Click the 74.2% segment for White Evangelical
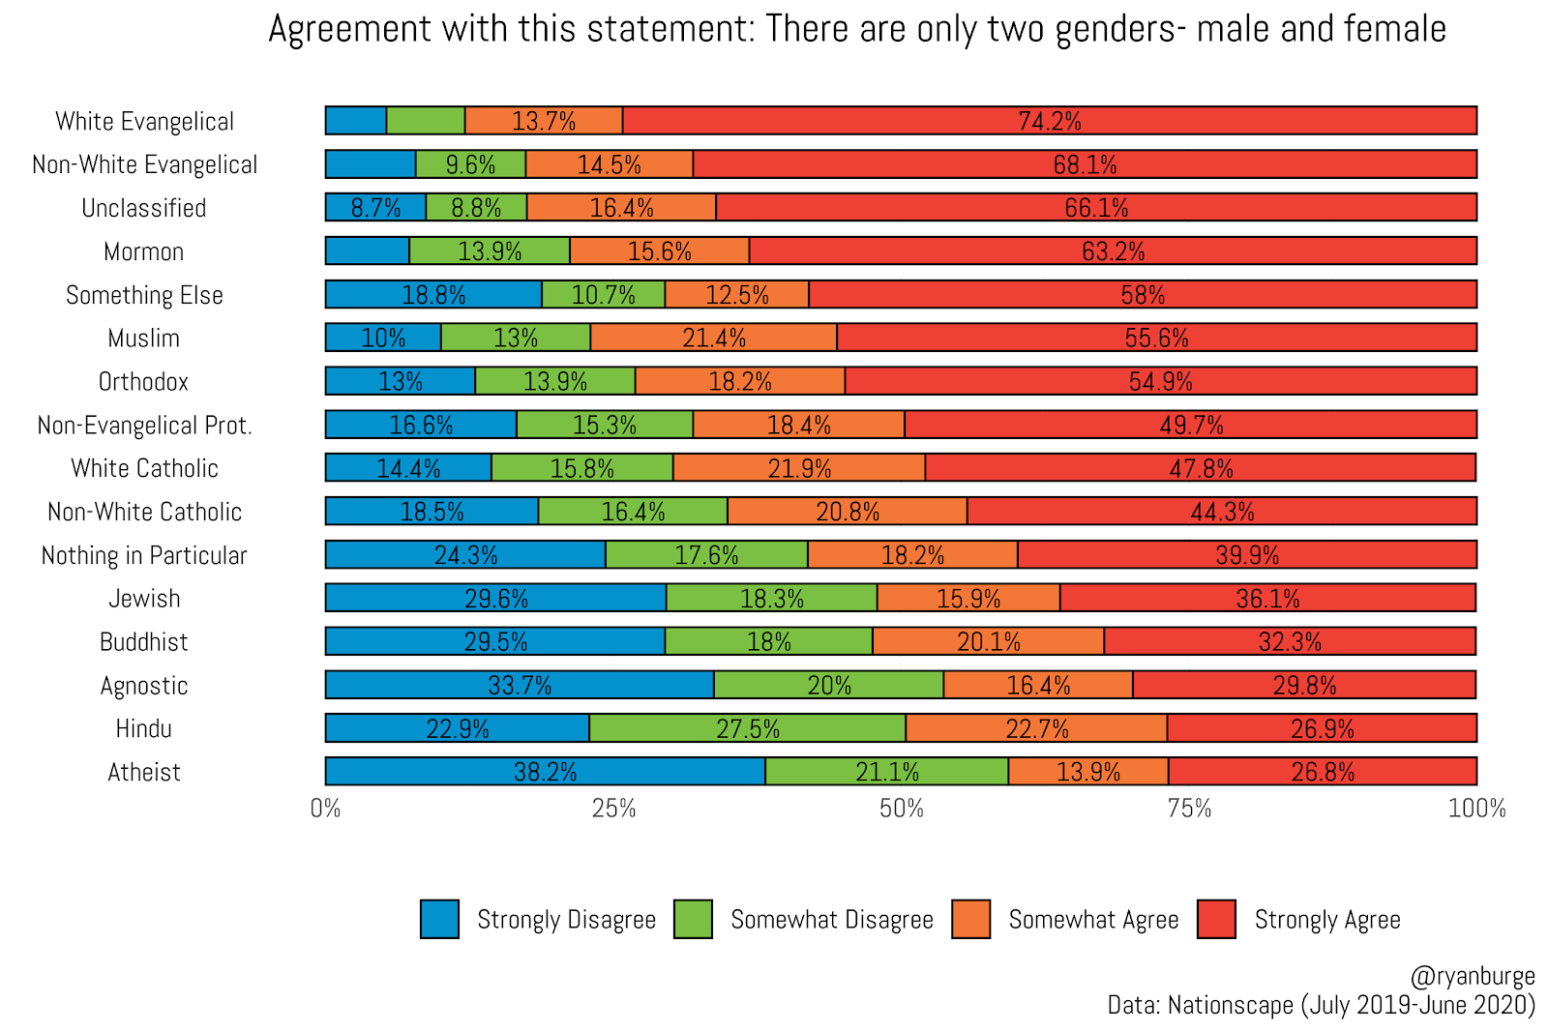point(1050,121)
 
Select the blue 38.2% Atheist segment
point(545,772)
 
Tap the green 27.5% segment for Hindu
point(747,728)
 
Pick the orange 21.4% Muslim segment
point(714,338)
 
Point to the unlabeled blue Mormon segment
point(367,251)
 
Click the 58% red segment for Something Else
point(1143,294)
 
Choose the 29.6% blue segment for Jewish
point(495,598)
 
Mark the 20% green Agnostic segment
point(829,685)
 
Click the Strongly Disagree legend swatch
point(439,919)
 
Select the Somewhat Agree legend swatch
point(971,919)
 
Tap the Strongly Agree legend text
point(1326,920)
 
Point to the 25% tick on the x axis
point(613,809)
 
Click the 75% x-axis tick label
point(1189,809)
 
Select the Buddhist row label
point(144,642)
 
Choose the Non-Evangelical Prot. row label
point(144,426)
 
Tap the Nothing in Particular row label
point(144,555)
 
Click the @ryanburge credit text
point(1473,976)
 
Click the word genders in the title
point(1114,30)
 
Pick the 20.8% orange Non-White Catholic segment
point(848,512)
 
